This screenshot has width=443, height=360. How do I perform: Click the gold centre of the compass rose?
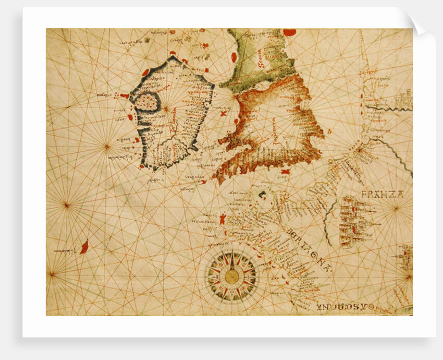[x=231, y=276]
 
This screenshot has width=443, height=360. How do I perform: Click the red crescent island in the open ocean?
[x=84, y=247]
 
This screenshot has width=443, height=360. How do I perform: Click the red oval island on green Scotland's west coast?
[x=233, y=56]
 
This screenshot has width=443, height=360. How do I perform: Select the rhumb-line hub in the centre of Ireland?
[x=166, y=109]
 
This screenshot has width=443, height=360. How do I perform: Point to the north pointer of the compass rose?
[x=231, y=255]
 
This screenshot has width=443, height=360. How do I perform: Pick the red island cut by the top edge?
[x=289, y=32]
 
